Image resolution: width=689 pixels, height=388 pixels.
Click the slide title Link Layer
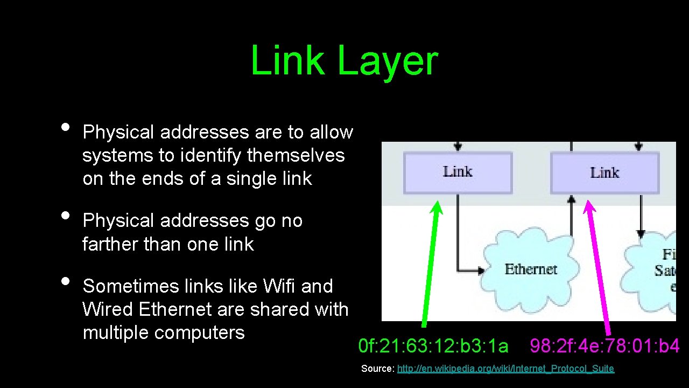point(344,60)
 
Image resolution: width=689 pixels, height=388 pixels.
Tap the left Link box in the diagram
point(458,172)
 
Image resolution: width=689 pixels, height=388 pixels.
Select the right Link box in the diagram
point(604,173)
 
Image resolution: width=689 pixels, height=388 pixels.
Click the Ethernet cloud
point(530,269)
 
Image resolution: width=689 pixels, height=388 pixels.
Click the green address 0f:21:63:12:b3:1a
point(433,346)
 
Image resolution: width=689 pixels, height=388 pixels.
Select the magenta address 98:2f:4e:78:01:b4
point(604,346)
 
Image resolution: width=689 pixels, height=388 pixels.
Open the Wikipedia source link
point(505,369)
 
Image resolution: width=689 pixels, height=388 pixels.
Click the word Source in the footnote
point(377,369)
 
